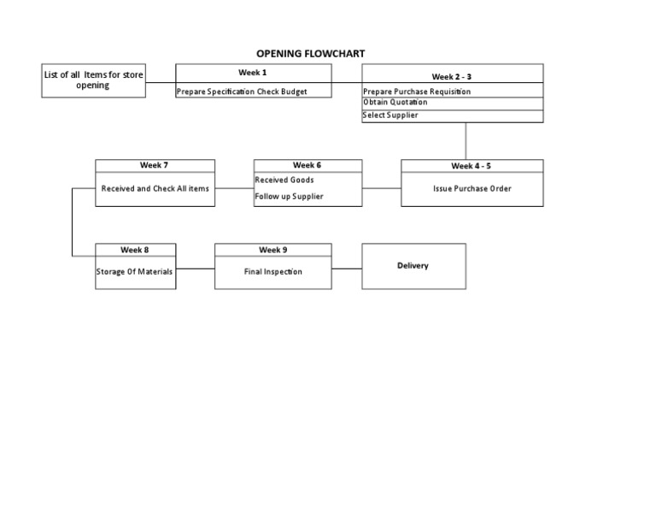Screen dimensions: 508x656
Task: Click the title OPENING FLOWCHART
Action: (310, 54)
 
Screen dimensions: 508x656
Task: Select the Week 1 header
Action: (253, 73)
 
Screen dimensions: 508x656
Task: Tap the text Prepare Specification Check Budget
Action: (242, 92)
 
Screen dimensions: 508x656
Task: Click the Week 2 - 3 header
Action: (452, 77)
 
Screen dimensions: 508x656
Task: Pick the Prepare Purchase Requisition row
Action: (417, 92)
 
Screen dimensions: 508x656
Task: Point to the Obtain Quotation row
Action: (395, 103)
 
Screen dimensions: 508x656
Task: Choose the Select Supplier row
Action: (390, 115)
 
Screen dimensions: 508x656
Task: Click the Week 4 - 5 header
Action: (471, 166)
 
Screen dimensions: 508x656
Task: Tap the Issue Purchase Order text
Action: (471, 189)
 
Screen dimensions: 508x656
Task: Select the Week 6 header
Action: (307, 165)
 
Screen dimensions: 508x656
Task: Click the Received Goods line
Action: (284, 180)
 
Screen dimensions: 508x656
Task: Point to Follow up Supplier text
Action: (289, 197)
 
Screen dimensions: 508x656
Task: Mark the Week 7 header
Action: (155, 165)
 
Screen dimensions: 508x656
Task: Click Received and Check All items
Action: (155, 189)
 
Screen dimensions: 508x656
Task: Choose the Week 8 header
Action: (135, 250)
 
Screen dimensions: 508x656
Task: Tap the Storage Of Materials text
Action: (135, 272)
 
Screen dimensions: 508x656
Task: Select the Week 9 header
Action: (273, 250)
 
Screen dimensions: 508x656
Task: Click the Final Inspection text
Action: (273, 272)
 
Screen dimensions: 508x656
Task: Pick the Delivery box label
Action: (413, 266)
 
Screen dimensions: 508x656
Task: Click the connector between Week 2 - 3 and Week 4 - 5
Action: (466, 141)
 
